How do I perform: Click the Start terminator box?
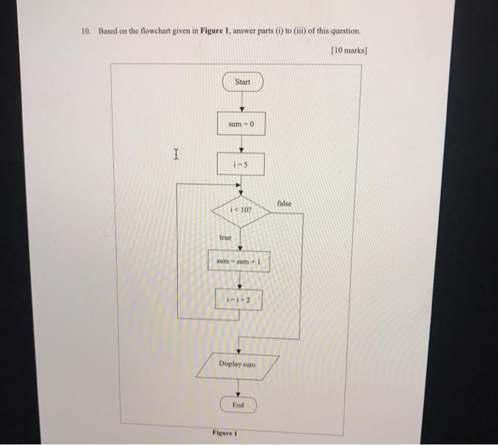[x=243, y=82]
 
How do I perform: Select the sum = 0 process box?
[x=241, y=125]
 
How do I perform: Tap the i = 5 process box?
[x=240, y=164]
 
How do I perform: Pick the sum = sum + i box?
[x=239, y=261]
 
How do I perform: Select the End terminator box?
[x=238, y=404]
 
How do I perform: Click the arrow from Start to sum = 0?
[x=242, y=101]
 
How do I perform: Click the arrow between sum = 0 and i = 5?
[x=241, y=144]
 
